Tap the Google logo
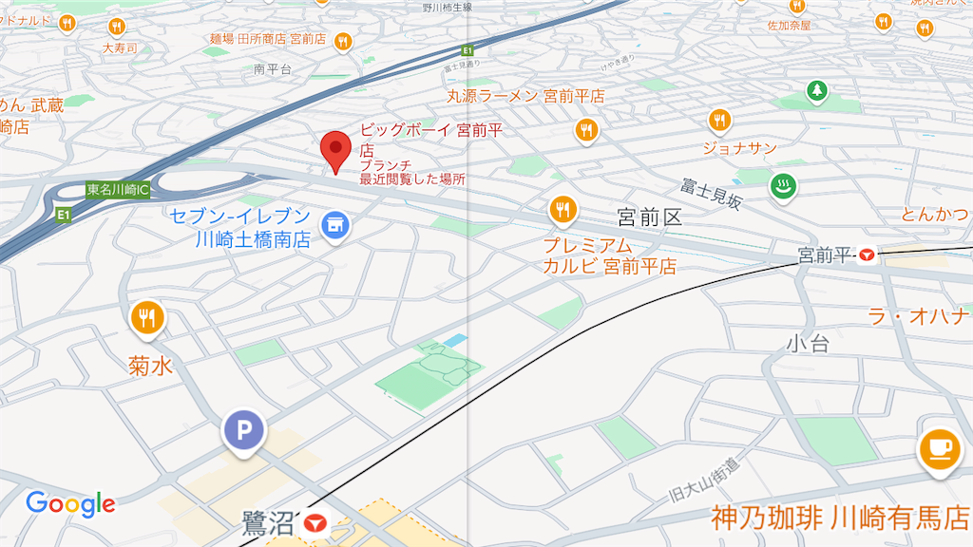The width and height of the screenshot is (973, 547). [70, 503]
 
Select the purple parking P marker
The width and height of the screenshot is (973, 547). [244, 431]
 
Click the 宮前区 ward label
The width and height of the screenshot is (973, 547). [649, 217]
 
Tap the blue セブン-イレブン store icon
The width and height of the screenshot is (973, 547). [334, 224]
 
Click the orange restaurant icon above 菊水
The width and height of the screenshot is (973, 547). [145, 317]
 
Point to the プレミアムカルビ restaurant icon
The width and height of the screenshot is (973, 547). [563, 209]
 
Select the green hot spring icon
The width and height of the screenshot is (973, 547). [784, 187]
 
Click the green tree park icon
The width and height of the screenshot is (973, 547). [816, 91]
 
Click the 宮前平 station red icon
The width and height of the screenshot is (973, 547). [867, 255]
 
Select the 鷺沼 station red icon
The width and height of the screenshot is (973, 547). [315, 522]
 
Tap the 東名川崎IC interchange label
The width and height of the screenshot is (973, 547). [117, 189]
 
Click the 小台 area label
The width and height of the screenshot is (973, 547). [808, 343]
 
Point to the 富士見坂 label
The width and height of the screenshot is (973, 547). [711, 194]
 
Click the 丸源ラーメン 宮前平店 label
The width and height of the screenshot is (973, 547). [525, 96]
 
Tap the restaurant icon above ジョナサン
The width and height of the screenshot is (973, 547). [719, 120]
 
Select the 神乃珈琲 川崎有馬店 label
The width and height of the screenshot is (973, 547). [840, 519]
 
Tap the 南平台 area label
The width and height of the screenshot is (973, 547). [273, 69]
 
